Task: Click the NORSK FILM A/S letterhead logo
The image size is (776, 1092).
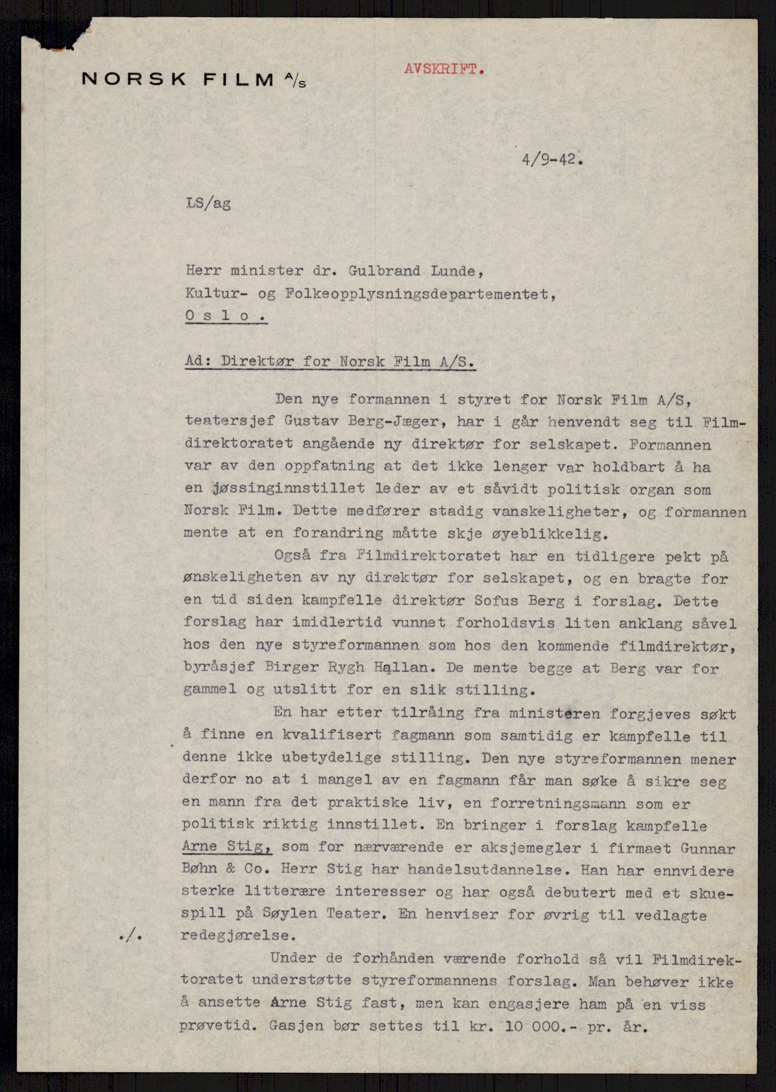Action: [x=193, y=79]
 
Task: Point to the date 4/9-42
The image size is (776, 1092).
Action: [x=551, y=159]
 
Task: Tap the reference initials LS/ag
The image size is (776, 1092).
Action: [x=208, y=204]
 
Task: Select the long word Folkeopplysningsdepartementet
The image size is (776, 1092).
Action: [x=367, y=294]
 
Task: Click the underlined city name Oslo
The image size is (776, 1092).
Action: [x=225, y=316]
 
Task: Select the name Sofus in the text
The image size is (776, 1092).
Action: [x=491, y=601]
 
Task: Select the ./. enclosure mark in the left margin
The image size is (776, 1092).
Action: [x=131, y=936]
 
